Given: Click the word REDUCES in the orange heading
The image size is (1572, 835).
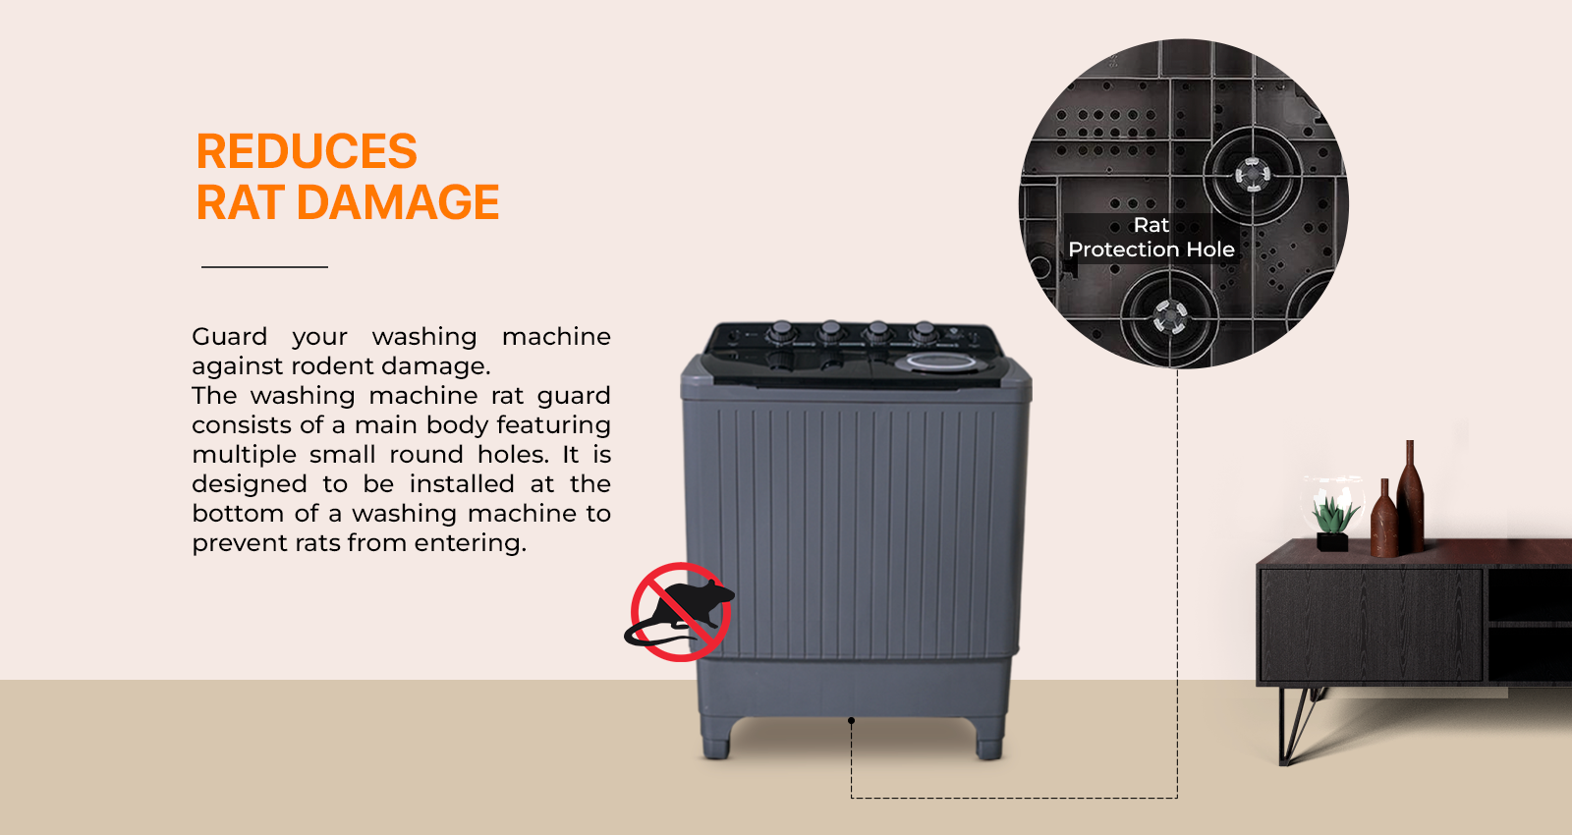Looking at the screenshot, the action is pyautogui.click(x=307, y=151).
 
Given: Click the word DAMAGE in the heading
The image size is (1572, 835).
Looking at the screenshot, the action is pyautogui.click(x=398, y=202).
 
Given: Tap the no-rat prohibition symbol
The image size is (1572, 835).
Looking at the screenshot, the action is pyautogui.click(x=679, y=612).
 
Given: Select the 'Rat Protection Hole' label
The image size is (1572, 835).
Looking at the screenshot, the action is pyautogui.click(x=1151, y=237).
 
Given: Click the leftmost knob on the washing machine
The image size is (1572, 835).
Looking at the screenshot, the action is pyautogui.click(x=782, y=330).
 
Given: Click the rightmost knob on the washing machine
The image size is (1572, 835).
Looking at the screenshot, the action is pyautogui.click(x=925, y=330).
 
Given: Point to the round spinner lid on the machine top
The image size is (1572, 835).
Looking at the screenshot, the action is pyautogui.click(x=940, y=362).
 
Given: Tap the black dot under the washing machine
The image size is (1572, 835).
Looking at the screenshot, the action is pyautogui.click(x=851, y=721).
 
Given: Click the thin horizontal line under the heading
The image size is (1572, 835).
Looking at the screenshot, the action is pyautogui.click(x=264, y=266).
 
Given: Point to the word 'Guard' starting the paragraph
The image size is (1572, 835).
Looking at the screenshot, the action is pyautogui.click(x=230, y=337).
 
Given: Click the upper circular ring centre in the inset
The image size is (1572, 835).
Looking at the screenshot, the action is pyautogui.click(x=1252, y=174).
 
